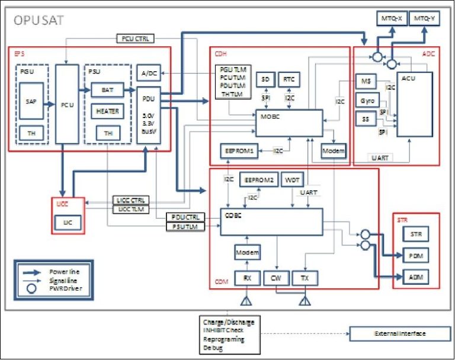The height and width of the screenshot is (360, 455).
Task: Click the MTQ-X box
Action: coord(392,18)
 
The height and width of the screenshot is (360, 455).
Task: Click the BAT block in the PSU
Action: coord(107,91)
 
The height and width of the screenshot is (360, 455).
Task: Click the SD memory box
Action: coord(266,79)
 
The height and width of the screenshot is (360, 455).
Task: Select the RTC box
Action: coord(290,79)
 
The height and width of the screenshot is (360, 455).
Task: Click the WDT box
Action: coord(291,180)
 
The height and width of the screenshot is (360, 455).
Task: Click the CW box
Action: coord(275,277)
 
